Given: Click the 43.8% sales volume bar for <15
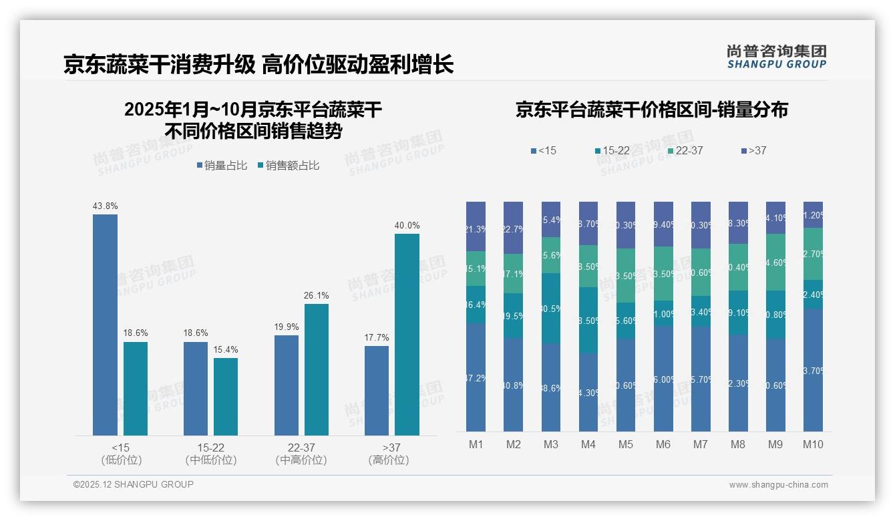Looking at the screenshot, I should pyautogui.click(x=105, y=325).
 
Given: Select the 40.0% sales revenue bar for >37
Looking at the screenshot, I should pyautogui.click(x=407, y=334).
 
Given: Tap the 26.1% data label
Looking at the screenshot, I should pyautogui.click(x=317, y=295).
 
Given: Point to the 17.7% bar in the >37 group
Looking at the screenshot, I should pyautogui.click(x=377, y=390).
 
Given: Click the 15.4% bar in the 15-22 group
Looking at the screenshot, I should pyautogui.click(x=226, y=396).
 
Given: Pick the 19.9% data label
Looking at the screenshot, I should pyautogui.click(x=287, y=327).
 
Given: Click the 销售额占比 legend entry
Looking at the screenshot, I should pyautogui.click(x=288, y=166).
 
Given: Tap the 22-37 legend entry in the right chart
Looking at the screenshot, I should pyautogui.click(x=685, y=151).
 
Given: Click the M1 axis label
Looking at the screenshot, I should pyautogui.click(x=476, y=444).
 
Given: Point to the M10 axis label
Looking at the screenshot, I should pyautogui.click(x=813, y=444).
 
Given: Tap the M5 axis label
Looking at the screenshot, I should pyautogui.click(x=626, y=444).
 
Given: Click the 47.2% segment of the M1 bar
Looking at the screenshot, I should pyautogui.click(x=476, y=377).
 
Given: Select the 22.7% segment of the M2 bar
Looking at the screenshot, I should pyautogui.click(x=513, y=228).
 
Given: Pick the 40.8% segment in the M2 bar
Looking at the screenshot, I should pyautogui.click(x=513, y=385).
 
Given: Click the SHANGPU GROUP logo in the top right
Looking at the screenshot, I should pyautogui.click(x=777, y=57).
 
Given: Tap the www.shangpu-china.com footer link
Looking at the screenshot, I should pyautogui.click(x=778, y=485).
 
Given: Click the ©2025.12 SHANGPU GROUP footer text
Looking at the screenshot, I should pyautogui.click(x=134, y=484).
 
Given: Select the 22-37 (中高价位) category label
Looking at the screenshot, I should pyautogui.click(x=301, y=454).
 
